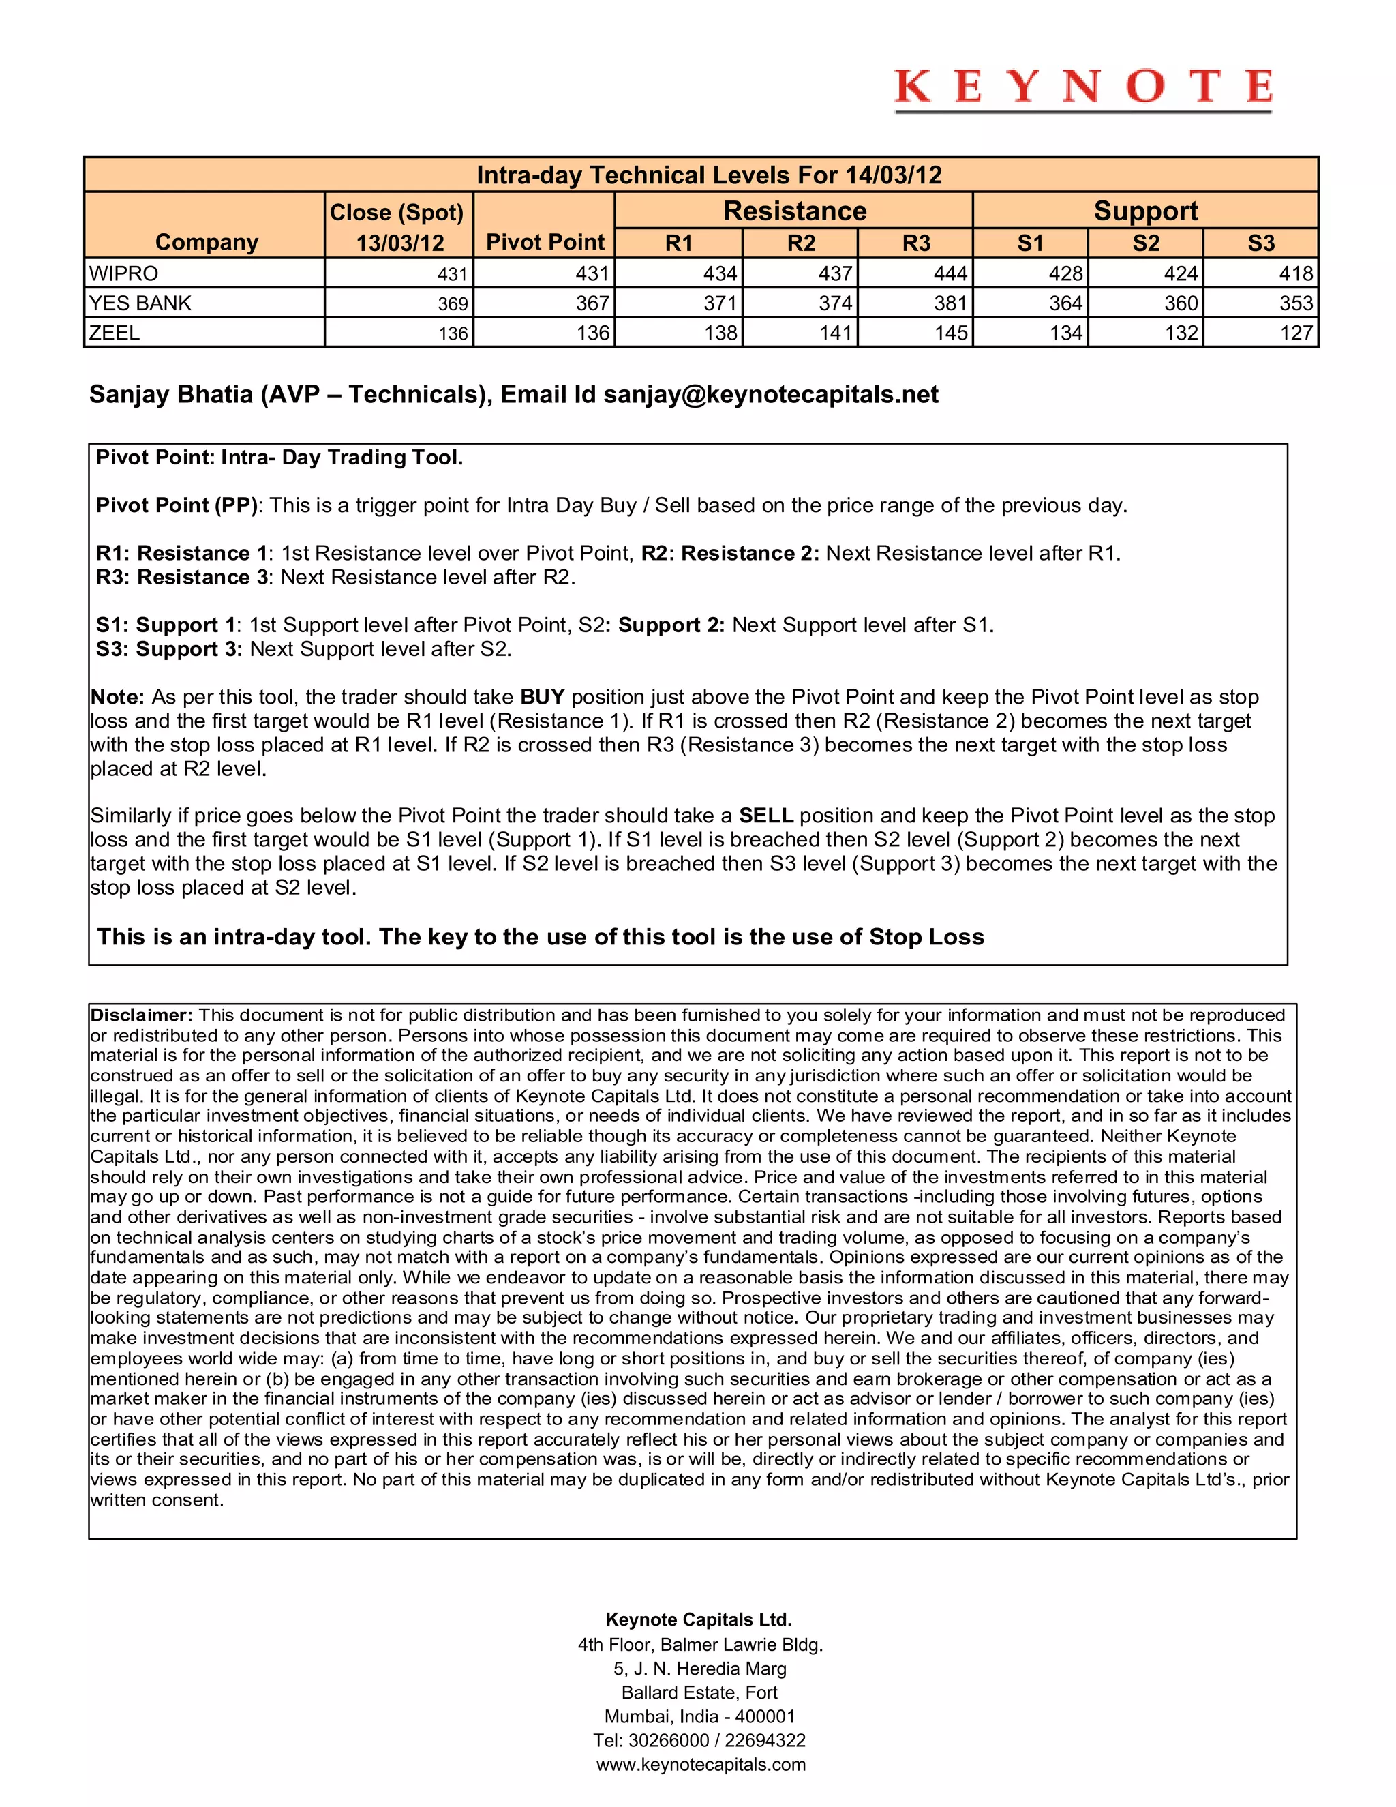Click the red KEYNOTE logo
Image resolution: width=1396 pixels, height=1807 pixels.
1082,88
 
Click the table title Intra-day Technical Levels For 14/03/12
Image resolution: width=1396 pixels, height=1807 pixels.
709,175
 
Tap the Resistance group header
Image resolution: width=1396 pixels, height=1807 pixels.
794,211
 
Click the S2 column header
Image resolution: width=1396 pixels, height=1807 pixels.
1145,243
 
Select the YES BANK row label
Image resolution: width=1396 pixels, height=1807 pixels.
140,303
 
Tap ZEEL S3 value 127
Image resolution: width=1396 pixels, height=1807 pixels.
1296,333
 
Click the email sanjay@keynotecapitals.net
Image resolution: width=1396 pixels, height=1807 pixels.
771,395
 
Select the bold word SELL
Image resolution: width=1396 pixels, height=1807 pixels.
765,816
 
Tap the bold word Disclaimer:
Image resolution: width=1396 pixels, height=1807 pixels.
141,1015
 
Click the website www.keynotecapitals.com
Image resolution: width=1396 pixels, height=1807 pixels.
701,1765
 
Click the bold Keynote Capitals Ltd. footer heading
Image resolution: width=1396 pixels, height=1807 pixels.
699,1620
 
